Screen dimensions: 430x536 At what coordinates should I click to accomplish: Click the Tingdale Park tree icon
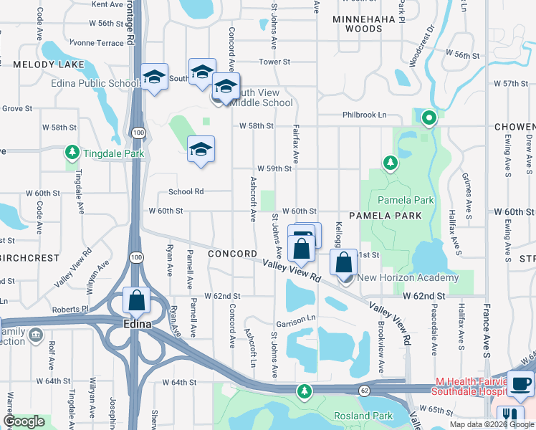point(72,153)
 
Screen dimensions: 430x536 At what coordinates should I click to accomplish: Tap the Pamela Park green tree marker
point(390,164)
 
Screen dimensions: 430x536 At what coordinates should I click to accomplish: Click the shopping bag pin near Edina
point(136,302)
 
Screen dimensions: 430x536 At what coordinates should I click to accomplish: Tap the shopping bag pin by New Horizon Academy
point(344,263)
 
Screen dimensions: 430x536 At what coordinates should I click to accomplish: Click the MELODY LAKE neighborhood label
point(49,64)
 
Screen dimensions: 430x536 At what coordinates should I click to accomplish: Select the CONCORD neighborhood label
point(232,254)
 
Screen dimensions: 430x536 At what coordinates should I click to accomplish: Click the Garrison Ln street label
point(301,317)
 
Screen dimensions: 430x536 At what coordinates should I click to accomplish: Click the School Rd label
point(186,191)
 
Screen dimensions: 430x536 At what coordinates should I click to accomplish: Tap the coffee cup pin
point(520,384)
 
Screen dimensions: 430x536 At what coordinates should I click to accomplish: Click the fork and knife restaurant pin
point(510,416)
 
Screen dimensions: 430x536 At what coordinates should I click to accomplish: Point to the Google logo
point(24,421)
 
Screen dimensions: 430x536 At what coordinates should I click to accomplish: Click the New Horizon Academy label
point(408,278)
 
